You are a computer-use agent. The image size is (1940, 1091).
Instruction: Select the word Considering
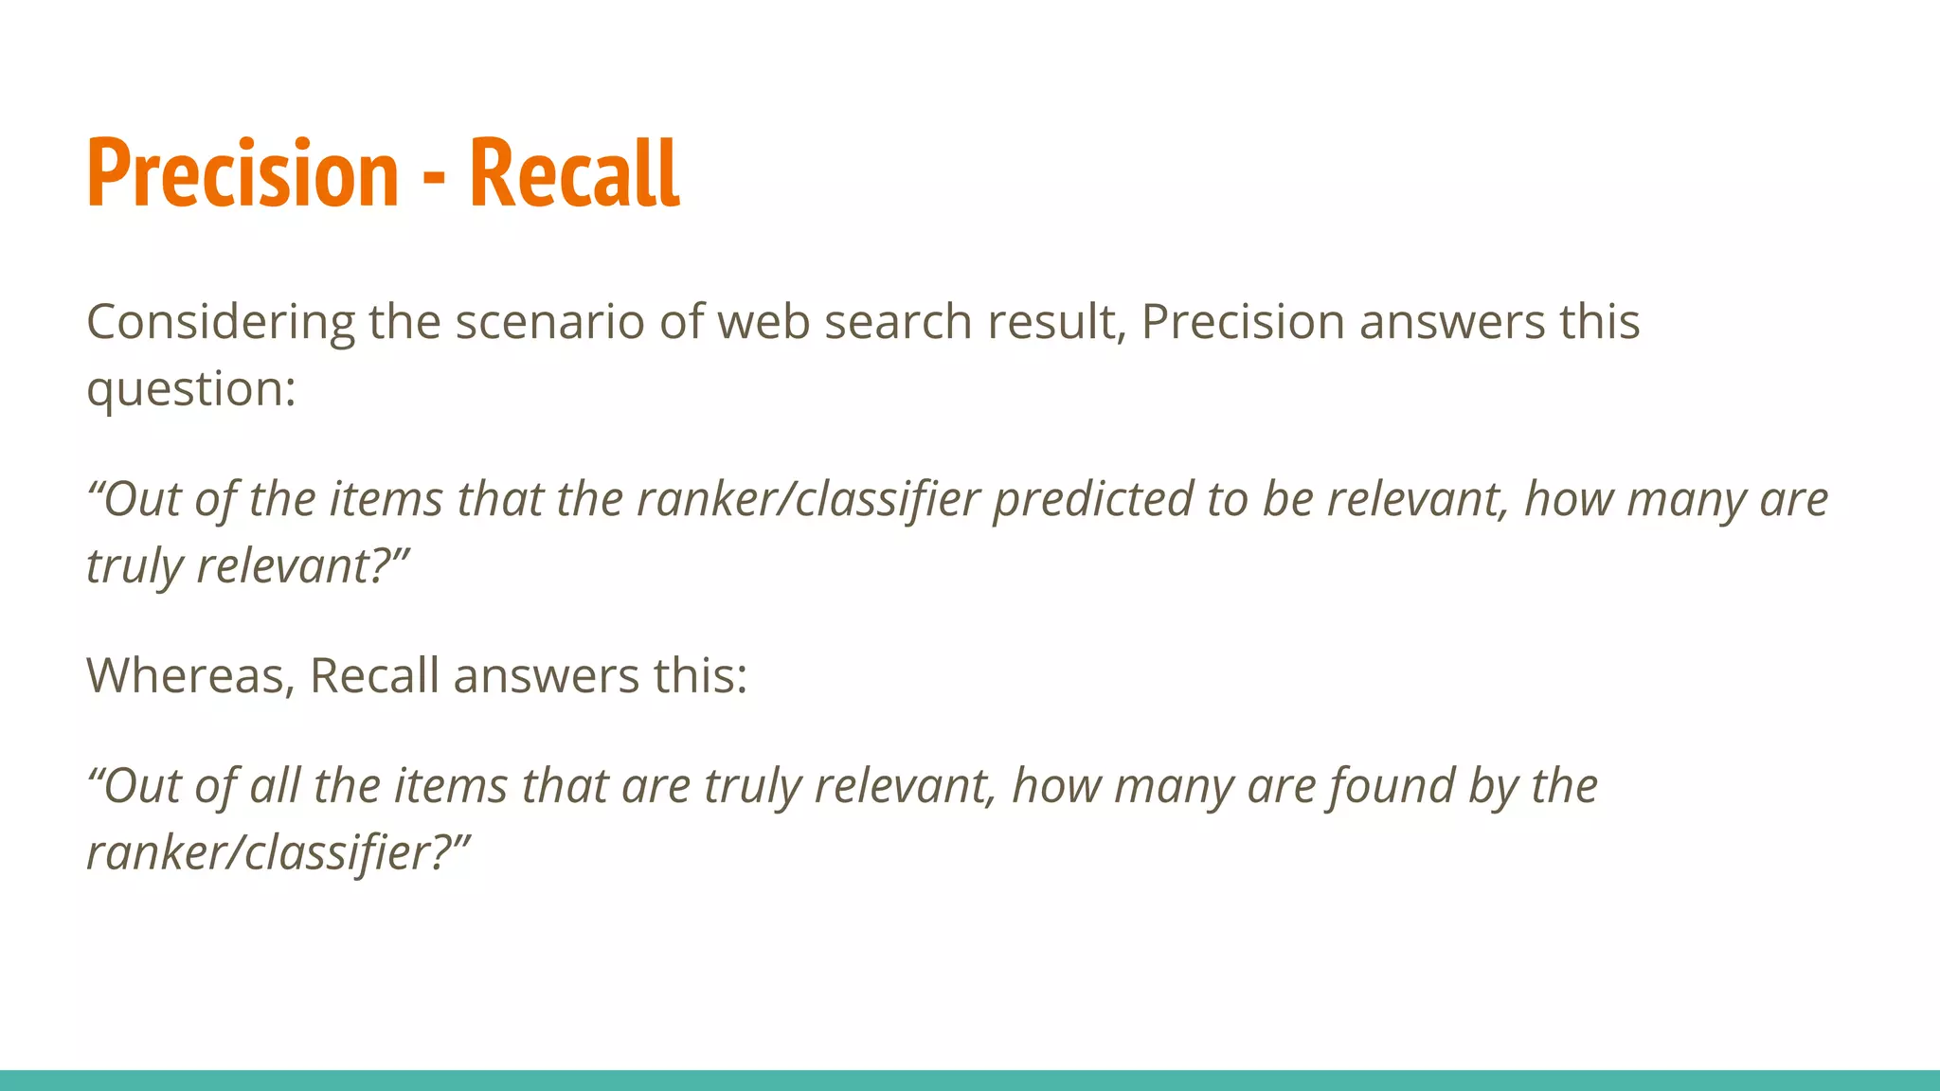220,322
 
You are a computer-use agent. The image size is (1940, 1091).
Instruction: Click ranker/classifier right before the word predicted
808,499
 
